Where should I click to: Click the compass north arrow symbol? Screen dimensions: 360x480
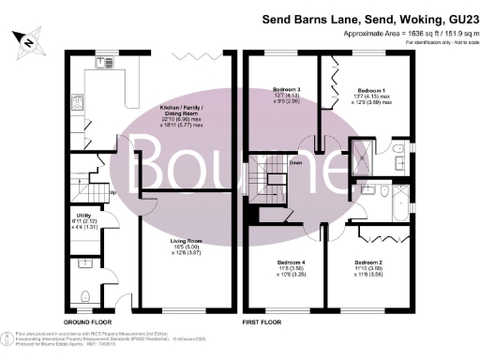tap(28, 40)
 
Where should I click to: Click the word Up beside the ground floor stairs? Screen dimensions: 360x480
tap(114, 193)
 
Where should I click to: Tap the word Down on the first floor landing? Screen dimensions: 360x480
tap(296, 161)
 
